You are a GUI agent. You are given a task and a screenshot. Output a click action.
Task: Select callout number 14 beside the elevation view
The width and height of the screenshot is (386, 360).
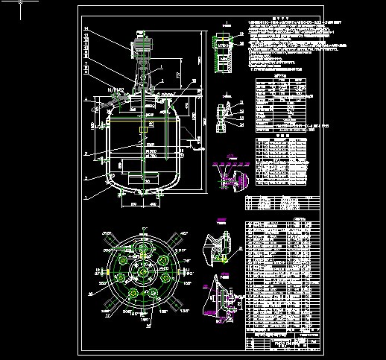[x=86, y=29]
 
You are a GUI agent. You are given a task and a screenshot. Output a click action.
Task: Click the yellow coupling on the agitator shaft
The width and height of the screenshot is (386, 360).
[x=141, y=137]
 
